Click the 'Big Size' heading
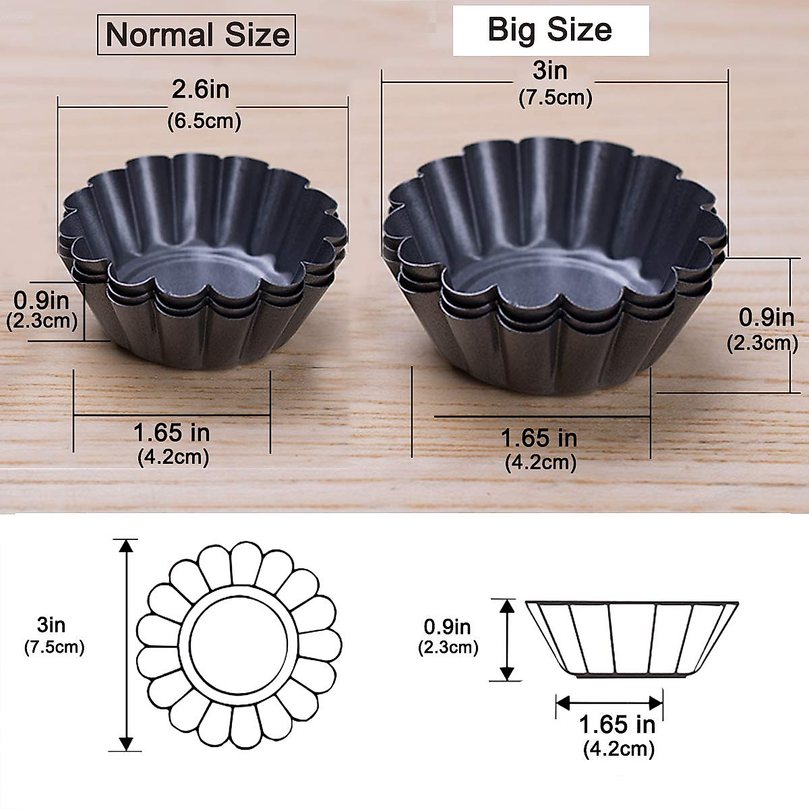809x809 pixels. pos(549,30)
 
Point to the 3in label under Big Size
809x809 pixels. pos(549,70)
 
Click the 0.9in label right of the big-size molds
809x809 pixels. pos(767,317)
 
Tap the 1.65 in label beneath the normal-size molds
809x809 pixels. pos(171,431)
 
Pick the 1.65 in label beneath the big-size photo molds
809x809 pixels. pos(539,438)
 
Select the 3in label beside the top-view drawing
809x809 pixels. pos(52,625)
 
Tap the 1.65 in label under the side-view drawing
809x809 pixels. pos(617,725)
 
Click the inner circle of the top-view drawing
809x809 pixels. pos(237,643)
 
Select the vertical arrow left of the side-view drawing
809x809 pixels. pos(506,640)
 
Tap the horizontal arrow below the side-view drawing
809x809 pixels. pos(609,702)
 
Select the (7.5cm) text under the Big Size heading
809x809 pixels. pos(555,98)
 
